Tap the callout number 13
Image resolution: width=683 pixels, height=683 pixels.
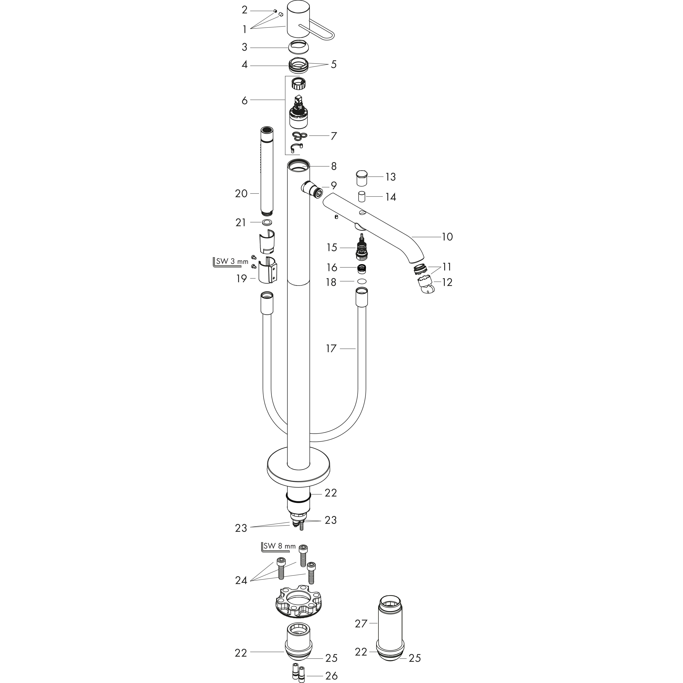390,177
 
